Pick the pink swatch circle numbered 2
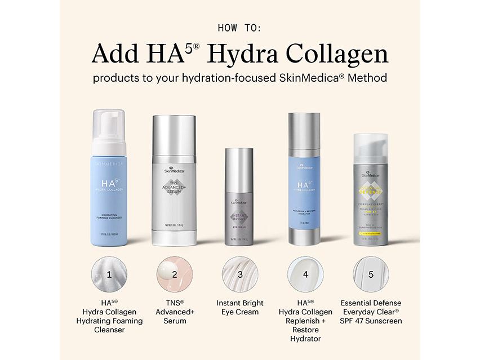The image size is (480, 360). tap(175, 274)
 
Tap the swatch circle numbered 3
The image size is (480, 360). tap(240, 274)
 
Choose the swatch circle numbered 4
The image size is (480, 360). tap(305, 274)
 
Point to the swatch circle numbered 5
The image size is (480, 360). tap(371, 274)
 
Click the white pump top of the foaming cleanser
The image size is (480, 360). tap(109, 132)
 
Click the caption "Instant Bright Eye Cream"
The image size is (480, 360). tap(240, 307)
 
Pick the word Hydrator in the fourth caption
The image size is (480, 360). tap(305, 339)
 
